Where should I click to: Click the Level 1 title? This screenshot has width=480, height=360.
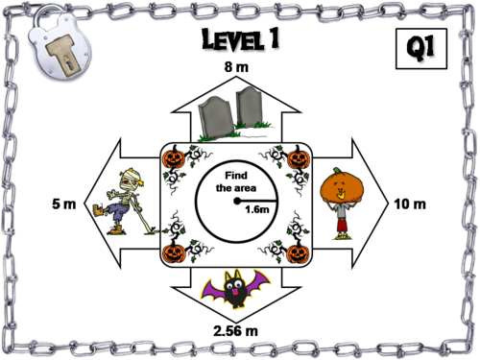tap(241, 41)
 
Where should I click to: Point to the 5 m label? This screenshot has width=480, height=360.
tap(62, 204)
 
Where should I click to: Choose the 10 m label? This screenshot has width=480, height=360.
tap(410, 204)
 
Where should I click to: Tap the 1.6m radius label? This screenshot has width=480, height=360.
tap(256, 209)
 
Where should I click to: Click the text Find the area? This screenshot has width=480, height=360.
tap(236, 180)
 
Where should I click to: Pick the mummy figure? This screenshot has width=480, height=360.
tap(120, 202)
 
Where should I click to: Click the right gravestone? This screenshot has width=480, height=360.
tap(251, 108)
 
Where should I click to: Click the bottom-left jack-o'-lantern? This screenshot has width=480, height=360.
tap(174, 252)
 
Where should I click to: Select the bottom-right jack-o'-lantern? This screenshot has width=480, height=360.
tap(298, 252)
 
